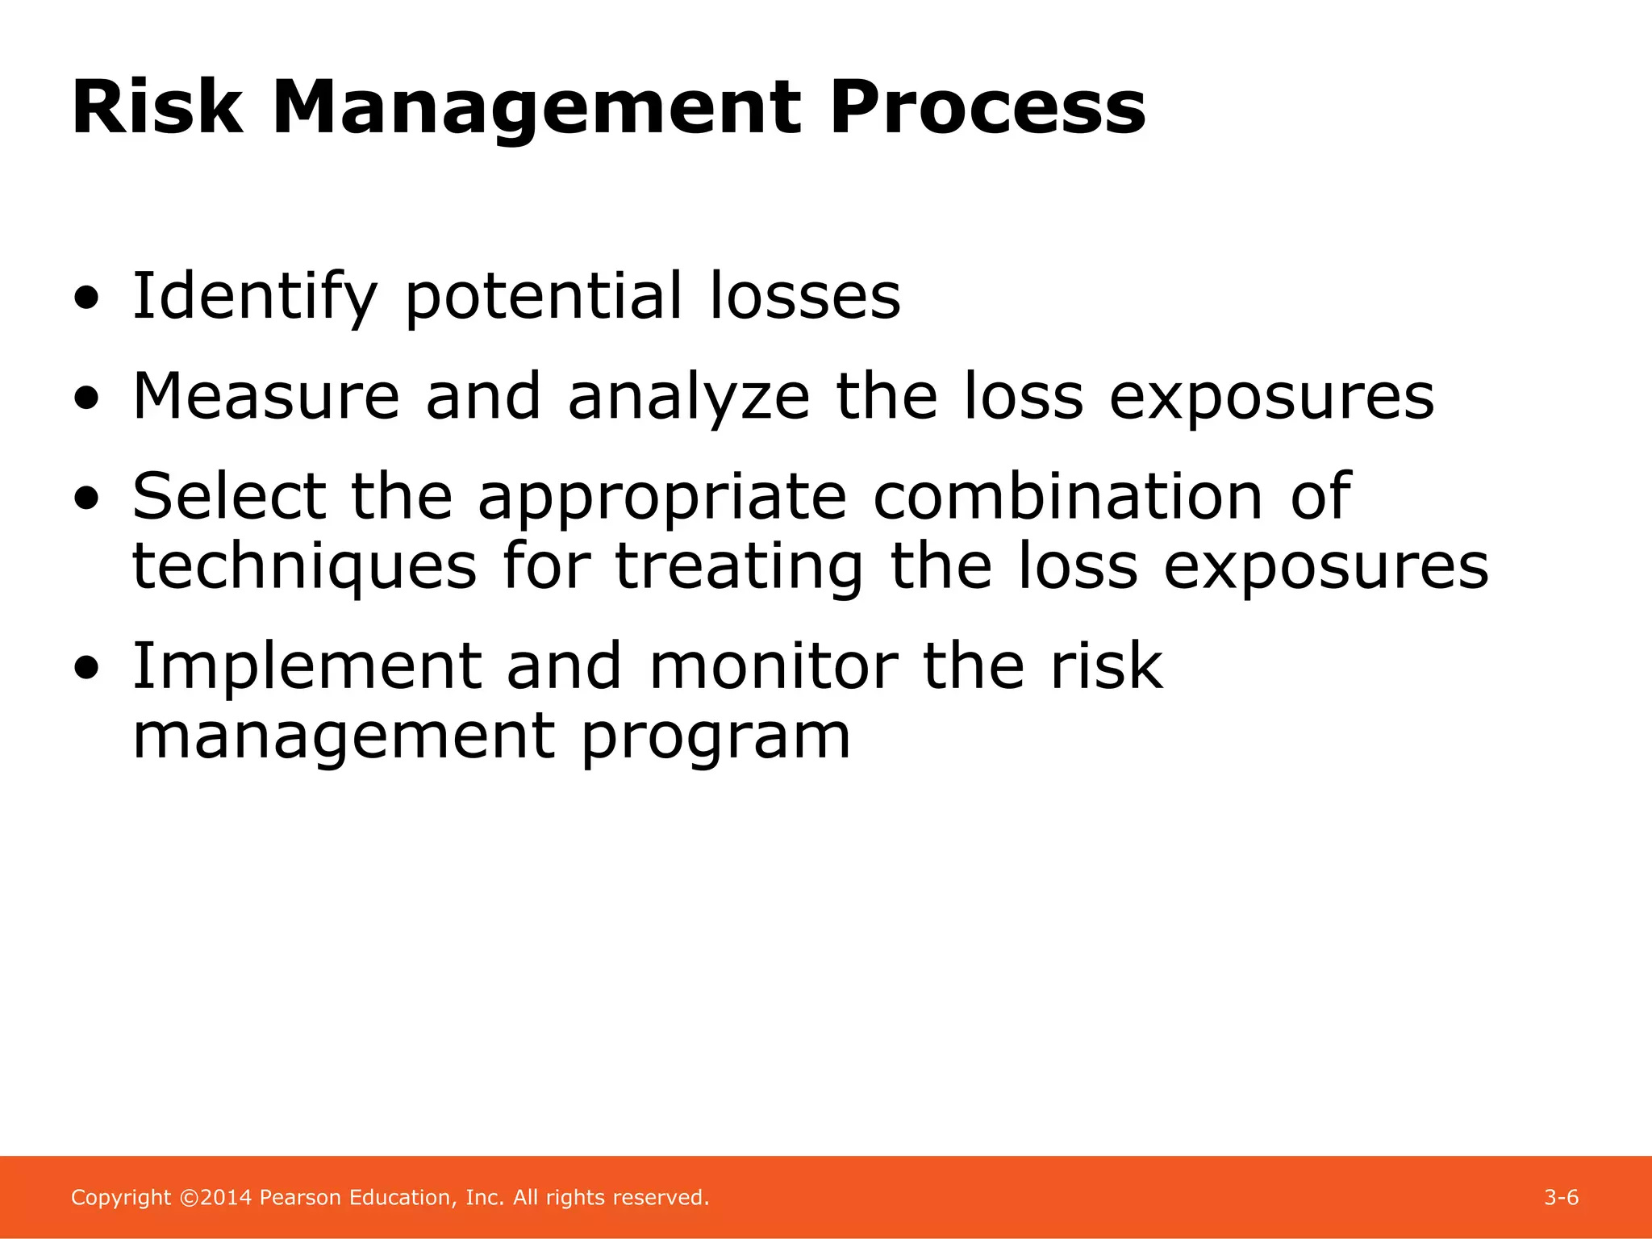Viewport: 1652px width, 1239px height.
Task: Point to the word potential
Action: pyautogui.click(x=543, y=298)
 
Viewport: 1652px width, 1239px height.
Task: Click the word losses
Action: pyautogui.click(x=804, y=296)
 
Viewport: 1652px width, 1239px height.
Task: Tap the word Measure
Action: pyautogui.click(x=266, y=396)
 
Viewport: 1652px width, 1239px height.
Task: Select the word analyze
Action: pyautogui.click(x=688, y=398)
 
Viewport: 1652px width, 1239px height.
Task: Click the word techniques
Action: pyautogui.click(x=304, y=567)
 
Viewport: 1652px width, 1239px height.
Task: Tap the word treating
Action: pyautogui.click(x=739, y=567)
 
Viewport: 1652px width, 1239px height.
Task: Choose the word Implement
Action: pyautogui.click(x=307, y=667)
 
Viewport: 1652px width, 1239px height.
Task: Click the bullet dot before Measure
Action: pyautogui.click(x=86, y=398)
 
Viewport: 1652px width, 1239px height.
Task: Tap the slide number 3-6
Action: pyautogui.click(x=1561, y=1197)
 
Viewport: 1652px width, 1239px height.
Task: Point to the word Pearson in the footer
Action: pyautogui.click(x=300, y=1197)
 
